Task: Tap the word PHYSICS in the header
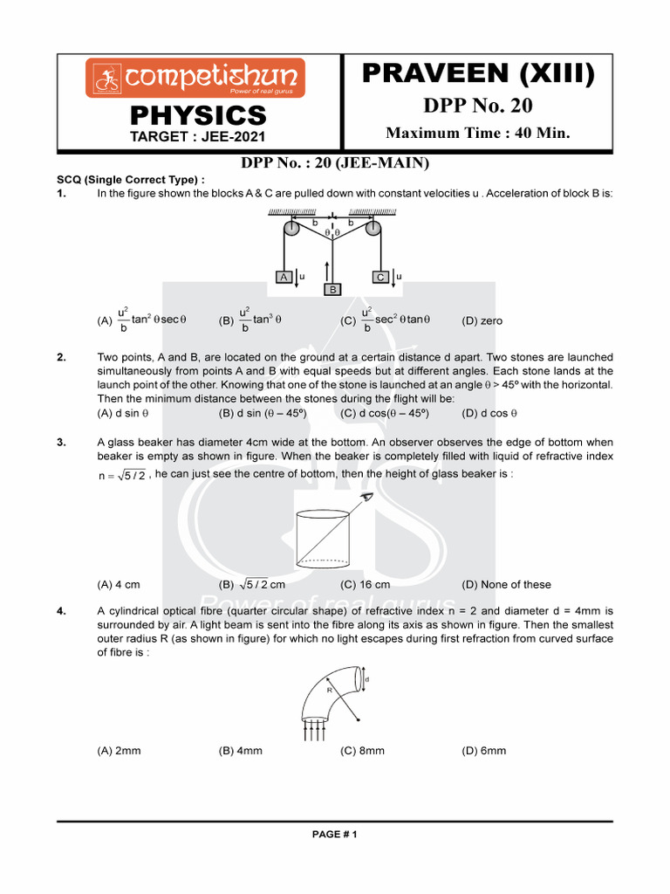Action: pos(198,115)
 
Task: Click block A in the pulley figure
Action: pos(284,277)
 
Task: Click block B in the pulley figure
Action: pos(332,289)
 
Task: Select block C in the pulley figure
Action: pos(380,277)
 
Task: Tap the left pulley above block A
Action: pos(291,229)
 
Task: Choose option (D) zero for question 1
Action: pos(482,321)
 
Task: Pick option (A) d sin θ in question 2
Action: pos(123,413)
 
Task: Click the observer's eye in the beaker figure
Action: pos(367,497)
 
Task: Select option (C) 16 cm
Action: pos(366,585)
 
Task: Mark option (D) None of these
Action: pos(506,585)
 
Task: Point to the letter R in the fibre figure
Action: pos(330,690)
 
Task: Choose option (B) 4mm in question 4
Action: pos(241,751)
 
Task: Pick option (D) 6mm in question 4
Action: pos(483,751)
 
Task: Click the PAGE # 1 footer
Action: pos(335,834)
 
